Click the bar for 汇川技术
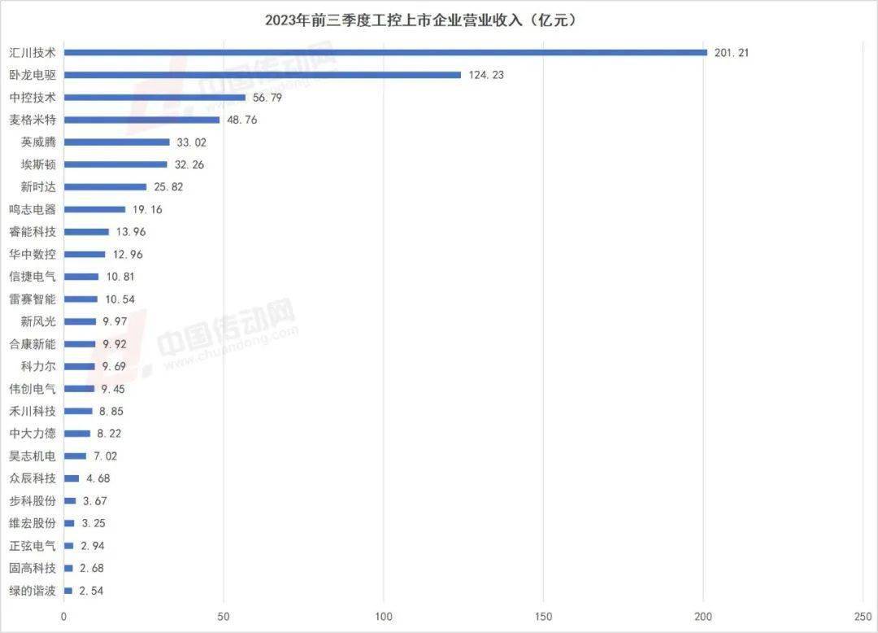(385, 53)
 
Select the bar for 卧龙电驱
(262, 75)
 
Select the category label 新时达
(38, 187)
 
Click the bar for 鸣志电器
(94, 209)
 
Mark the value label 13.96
(131, 232)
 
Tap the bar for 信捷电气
(80, 277)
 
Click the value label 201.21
(732, 53)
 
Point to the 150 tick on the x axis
(544, 616)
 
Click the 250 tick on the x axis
(863, 616)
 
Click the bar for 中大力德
(76, 434)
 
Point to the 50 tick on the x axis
(224, 616)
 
